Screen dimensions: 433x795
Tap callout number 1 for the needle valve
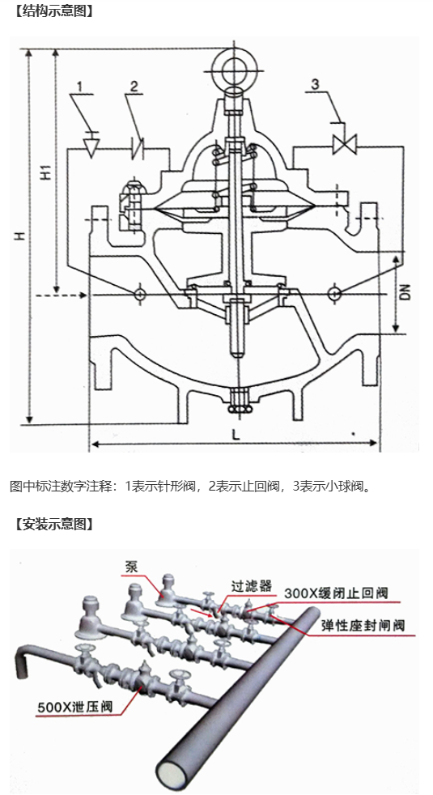pyautogui.click(x=79, y=87)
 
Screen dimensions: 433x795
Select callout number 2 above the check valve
pyautogui.click(x=134, y=86)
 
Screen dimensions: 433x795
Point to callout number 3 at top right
pyautogui.click(x=316, y=84)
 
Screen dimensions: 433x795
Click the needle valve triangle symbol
pyautogui.click(x=91, y=147)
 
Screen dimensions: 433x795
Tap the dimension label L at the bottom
pyautogui.click(x=236, y=435)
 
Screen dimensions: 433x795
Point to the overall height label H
pyautogui.click(x=19, y=236)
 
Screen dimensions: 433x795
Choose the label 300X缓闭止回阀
pyautogui.click(x=336, y=593)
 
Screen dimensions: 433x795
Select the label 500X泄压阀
pyautogui.click(x=74, y=706)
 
